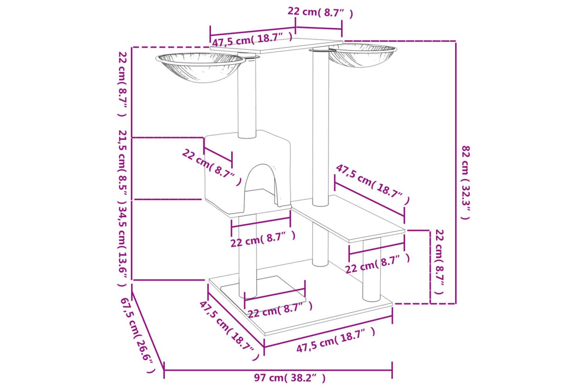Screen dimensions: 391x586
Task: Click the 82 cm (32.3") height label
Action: [x=465, y=182]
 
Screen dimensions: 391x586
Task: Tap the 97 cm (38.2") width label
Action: [x=290, y=378]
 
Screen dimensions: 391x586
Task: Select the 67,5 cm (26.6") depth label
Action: [x=137, y=335]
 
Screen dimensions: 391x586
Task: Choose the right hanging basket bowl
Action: [x=363, y=55]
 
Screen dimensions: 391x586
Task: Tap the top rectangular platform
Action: [x=277, y=46]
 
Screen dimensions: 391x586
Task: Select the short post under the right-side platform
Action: [x=371, y=270]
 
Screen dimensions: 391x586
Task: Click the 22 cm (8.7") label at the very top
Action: [x=320, y=13]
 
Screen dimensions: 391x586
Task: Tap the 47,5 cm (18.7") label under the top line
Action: [x=252, y=39]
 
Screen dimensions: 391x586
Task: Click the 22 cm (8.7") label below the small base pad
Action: [x=280, y=309]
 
